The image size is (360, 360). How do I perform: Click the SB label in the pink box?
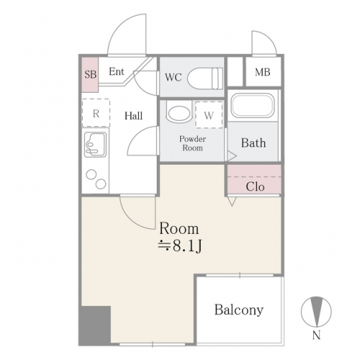pyautogui.click(x=91, y=74)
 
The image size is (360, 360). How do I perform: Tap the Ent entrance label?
pyautogui.click(x=117, y=71)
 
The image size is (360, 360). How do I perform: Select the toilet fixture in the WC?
pyautogui.click(x=205, y=78)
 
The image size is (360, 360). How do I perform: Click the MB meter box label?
pyautogui.click(x=263, y=72)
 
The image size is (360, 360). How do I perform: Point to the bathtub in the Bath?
pyautogui.click(x=252, y=105)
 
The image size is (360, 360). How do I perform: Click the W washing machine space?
pyautogui.click(x=209, y=114)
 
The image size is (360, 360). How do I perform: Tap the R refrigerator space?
pyautogui.click(x=96, y=113)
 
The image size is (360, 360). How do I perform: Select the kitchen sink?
pyautogui.click(x=95, y=145)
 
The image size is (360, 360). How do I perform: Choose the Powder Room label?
pyautogui.click(x=192, y=143)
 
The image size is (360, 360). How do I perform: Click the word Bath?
pyautogui.click(x=253, y=143)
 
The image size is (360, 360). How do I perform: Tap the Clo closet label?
pyautogui.click(x=255, y=186)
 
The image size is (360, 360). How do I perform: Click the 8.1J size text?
pyautogui.click(x=187, y=246)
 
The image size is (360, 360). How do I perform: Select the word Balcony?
pyautogui.click(x=239, y=310)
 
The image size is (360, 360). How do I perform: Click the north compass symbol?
pyautogui.click(x=316, y=312)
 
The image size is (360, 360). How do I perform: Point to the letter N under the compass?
pyautogui.click(x=316, y=336)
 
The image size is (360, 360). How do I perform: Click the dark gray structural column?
pyautogui.click(x=95, y=325)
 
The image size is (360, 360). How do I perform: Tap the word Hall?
pyautogui.click(x=133, y=116)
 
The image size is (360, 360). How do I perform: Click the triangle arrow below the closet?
pyautogui.click(x=232, y=202)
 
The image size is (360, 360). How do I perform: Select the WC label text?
pyautogui.click(x=174, y=77)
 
